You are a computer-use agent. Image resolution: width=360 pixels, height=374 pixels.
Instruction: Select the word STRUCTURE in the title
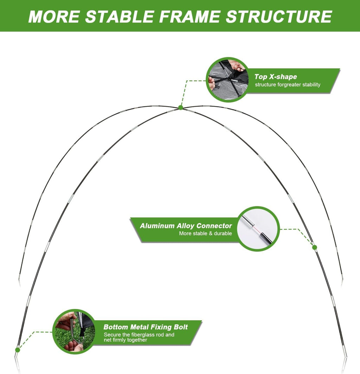coord(279,17)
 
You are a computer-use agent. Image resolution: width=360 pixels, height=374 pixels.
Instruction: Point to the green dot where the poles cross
coord(181,108)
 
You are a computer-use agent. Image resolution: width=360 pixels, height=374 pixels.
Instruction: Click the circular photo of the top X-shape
coord(227,80)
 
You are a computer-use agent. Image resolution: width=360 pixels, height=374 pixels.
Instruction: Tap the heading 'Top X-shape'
coord(276,77)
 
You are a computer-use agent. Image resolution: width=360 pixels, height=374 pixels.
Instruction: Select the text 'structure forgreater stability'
coord(288,85)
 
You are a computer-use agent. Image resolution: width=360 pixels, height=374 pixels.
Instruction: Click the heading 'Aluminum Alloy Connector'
coord(186,226)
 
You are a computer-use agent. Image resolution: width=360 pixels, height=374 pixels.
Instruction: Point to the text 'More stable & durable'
coord(205,233)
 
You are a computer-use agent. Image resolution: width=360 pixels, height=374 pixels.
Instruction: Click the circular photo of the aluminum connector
coord(258,228)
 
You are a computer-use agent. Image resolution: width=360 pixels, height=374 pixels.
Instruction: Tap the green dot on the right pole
coord(315,247)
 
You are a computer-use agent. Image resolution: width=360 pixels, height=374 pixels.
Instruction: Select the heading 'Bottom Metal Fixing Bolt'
coord(146,327)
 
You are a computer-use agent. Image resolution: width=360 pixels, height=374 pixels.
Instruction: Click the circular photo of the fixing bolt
coord(74,331)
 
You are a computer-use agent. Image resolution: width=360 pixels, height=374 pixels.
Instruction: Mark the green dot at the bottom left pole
coord(18,350)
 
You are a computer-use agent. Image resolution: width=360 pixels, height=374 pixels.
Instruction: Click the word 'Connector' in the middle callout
coord(214,226)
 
